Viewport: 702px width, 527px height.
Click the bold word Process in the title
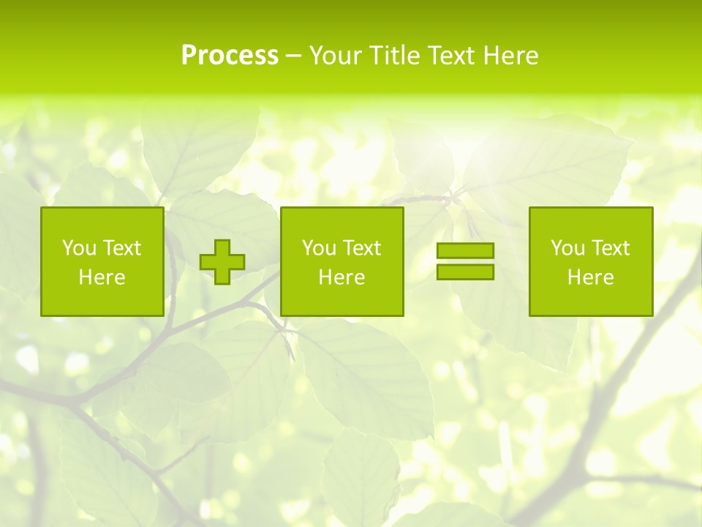coord(230,56)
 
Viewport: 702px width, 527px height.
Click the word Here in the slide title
coord(511,56)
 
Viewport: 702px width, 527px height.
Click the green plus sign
coord(222,262)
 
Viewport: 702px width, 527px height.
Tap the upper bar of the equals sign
coord(465,251)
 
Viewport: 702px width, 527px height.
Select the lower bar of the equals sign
coord(465,272)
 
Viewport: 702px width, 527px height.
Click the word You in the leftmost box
coord(79,248)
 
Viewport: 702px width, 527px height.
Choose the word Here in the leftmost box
coord(102,277)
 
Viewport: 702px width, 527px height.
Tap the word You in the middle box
coord(319,248)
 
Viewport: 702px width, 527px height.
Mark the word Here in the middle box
coord(341,277)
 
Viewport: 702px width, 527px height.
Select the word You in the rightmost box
coord(567,248)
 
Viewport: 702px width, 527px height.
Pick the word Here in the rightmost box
coord(590,277)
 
